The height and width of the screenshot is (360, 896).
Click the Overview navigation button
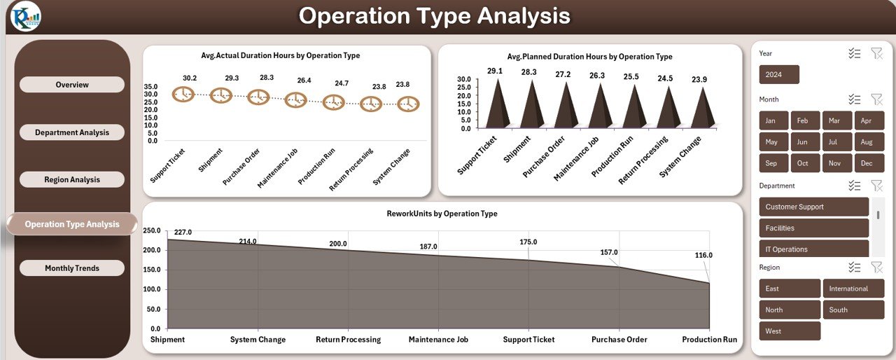pos(72,85)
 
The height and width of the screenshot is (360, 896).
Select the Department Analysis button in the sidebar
pos(72,132)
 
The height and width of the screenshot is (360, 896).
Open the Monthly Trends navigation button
pos(72,268)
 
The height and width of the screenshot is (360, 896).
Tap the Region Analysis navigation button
pos(72,179)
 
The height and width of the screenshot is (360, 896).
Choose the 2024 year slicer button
pos(778,75)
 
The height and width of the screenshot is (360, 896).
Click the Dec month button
pos(867,163)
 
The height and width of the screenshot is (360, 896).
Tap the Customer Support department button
pos(813,207)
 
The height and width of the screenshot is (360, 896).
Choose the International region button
pos(853,289)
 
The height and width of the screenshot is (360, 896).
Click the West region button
pos(789,331)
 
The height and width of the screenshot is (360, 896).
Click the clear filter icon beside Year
pos(876,53)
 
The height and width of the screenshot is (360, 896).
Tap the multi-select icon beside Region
pos(854,267)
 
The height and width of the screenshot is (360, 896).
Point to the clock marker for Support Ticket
pos(183,94)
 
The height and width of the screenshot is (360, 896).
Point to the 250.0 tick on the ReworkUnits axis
pos(152,230)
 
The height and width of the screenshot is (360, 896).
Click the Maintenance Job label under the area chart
pos(438,340)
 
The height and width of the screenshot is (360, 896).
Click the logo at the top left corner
pos(26,16)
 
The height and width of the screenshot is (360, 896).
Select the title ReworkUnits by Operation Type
pos(442,214)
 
